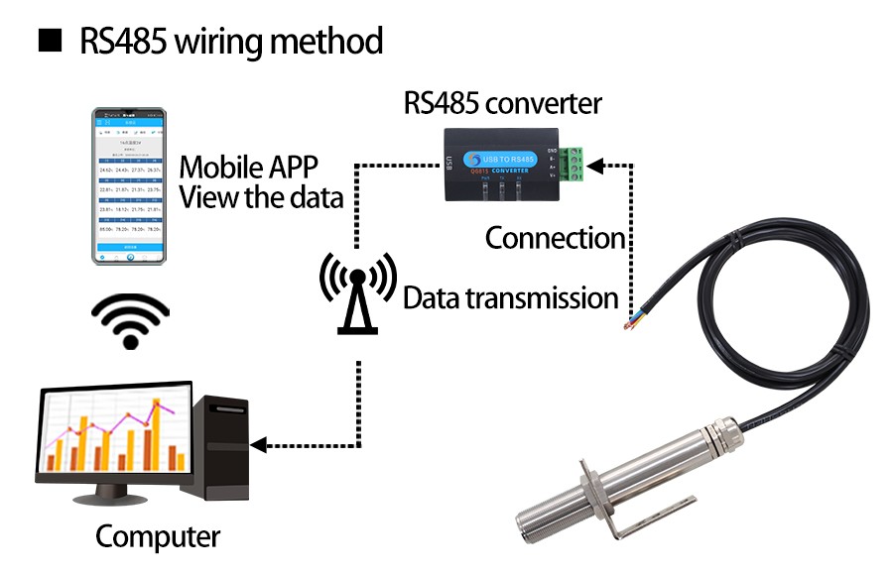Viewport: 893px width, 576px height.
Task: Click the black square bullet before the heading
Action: pyautogui.click(x=48, y=42)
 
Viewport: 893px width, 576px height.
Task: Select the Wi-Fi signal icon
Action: pyautogui.click(x=127, y=319)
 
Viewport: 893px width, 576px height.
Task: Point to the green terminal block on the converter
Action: pyautogui.click(x=574, y=166)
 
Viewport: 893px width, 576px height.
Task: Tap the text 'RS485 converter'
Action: pyautogui.click(x=502, y=103)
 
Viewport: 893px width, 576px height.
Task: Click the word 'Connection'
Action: pyautogui.click(x=555, y=238)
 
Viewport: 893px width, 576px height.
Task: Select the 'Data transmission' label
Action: pyautogui.click(x=510, y=296)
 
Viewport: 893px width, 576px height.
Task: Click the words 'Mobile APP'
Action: pyautogui.click(x=244, y=166)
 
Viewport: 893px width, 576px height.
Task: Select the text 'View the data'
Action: pyautogui.click(x=261, y=196)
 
